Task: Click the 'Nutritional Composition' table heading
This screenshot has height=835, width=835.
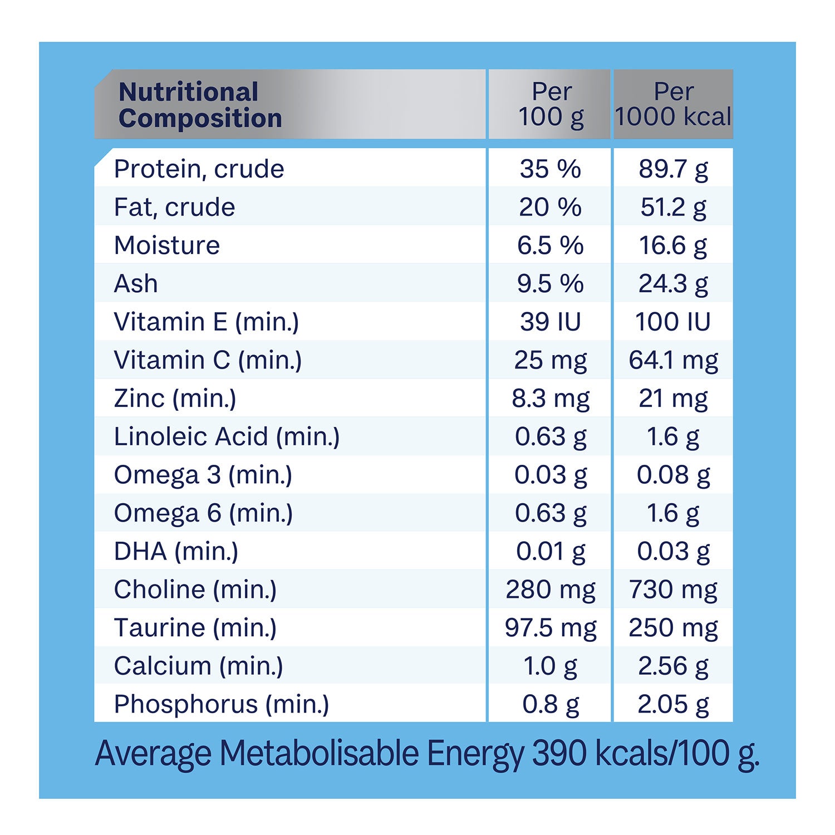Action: click(x=200, y=105)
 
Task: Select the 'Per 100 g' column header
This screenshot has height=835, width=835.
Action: click(x=551, y=104)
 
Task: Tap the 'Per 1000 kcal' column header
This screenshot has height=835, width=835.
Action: click(x=673, y=104)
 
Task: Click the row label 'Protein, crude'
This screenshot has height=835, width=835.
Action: click(x=199, y=169)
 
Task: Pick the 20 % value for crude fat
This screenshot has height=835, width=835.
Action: click(x=550, y=207)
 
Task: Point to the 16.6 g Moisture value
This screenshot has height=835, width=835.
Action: click(x=673, y=245)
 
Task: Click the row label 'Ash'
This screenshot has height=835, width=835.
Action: click(x=136, y=284)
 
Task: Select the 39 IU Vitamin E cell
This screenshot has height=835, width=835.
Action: click(x=550, y=322)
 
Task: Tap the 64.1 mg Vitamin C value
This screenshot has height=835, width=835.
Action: click(x=673, y=360)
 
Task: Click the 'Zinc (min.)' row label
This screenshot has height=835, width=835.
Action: click(x=175, y=399)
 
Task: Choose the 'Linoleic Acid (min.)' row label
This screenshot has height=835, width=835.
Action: click(x=227, y=436)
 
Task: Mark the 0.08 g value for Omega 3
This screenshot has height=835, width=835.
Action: click(x=673, y=475)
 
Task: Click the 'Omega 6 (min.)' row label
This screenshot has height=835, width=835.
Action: click(x=203, y=513)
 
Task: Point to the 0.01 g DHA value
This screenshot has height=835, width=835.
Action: click(x=550, y=551)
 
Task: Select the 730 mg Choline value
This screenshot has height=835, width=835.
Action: click(x=673, y=590)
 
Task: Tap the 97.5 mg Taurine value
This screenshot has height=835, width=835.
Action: click(x=550, y=628)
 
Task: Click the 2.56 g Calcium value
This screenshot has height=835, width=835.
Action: click(x=673, y=666)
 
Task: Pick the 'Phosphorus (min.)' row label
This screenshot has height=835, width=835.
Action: click(x=221, y=704)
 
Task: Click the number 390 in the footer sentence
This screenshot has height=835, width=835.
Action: click(x=559, y=753)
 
